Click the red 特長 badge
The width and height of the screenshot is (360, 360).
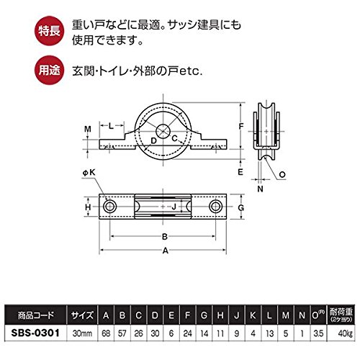(x=50, y=31)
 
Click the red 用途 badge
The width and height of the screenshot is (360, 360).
(x=50, y=70)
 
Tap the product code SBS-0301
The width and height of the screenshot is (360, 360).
(x=35, y=333)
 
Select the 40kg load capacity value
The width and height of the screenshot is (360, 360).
(x=345, y=333)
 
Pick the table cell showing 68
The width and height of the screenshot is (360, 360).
(x=106, y=333)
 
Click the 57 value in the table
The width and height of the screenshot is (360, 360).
(x=122, y=333)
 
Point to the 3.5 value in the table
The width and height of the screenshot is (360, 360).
(x=318, y=333)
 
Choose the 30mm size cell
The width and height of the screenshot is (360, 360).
(x=82, y=333)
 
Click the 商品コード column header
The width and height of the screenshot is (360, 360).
(x=36, y=315)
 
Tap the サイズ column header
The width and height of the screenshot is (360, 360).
(x=82, y=315)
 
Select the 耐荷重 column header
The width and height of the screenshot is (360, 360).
(x=341, y=315)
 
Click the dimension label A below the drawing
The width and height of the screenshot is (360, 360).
(x=166, y=251)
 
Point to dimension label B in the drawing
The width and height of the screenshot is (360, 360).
(x=165, y=237)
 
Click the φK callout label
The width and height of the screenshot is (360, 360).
(x=89, y=173)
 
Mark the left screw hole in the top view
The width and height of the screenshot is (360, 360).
(x=109, y=207)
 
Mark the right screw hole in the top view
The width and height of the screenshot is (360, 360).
(x=215, y=207)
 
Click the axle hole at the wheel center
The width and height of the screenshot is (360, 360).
(x=163, y=131)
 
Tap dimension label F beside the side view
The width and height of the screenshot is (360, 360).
(x=241, y=126)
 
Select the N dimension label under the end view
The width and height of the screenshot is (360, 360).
(x=261, y=189)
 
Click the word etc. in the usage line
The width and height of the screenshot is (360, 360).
(x=191, y=71)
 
